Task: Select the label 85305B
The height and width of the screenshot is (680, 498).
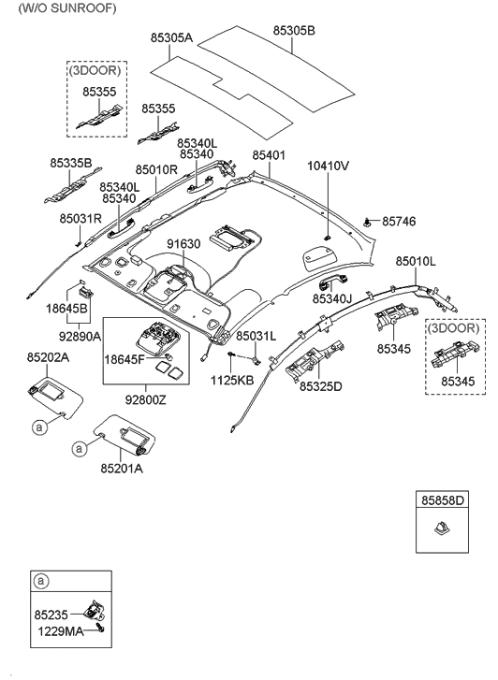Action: coord(294,30)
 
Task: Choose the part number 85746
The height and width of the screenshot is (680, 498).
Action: coord(398,222)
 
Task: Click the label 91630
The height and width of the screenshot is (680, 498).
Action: coord(184,244)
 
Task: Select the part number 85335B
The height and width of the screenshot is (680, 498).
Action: coord(71,163)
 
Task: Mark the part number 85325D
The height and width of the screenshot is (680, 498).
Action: coord(320,385)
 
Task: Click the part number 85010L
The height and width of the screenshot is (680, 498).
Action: coord(415,262)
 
